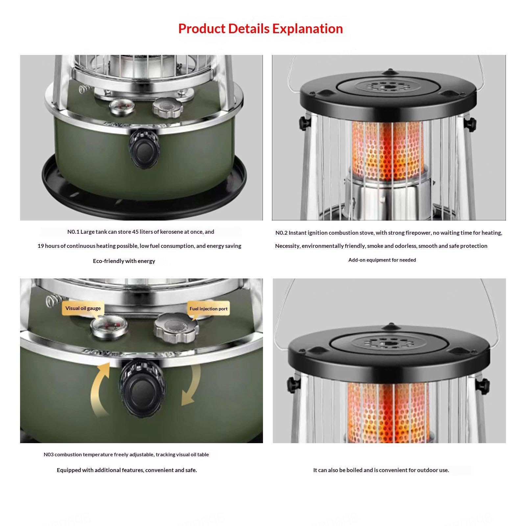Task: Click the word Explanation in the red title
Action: click(x=307, y=29)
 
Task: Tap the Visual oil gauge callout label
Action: click(x=83, y=308)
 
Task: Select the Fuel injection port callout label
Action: click(x=208, y=309)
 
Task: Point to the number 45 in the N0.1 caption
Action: click(x=135, y=232)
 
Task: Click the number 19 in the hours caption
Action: click(x=40, y=246)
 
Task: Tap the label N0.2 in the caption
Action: click(x=281, y=233)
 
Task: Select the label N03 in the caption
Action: click(x=48, y=455)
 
